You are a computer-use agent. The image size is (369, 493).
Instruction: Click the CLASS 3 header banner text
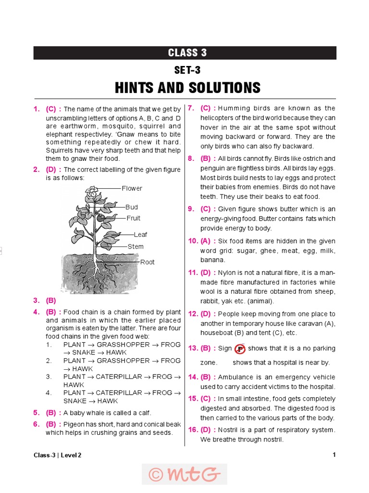coord(187,53)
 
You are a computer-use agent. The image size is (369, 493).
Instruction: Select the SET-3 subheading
coord(187,70)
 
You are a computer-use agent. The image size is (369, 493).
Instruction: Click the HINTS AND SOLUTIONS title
coord(187,88)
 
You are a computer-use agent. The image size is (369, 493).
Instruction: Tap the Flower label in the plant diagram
coord(132,188)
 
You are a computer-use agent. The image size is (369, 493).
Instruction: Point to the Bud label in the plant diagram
coord(132,207)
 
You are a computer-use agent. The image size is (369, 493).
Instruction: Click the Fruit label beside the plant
coord(134,218)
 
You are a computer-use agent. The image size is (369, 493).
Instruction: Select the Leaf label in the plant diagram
coord(140,234)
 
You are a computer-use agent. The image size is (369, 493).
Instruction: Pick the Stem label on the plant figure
coord(135,246)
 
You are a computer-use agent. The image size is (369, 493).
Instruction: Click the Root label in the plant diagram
coord(148,262)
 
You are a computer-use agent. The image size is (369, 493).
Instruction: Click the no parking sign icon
coord(240,349)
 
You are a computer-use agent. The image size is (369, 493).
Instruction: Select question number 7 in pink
coord(191,108)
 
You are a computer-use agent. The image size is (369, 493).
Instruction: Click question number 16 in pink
coord(193,430)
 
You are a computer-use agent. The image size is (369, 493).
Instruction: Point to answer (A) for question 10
coord(206,241)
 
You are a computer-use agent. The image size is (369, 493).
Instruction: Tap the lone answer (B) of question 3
coord(51,300)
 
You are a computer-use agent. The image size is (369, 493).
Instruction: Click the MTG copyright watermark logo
coord(184,474)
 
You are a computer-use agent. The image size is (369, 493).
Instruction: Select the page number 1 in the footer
coord(334,455)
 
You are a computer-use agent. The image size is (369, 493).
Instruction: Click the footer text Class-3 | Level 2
coord(58,455)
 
